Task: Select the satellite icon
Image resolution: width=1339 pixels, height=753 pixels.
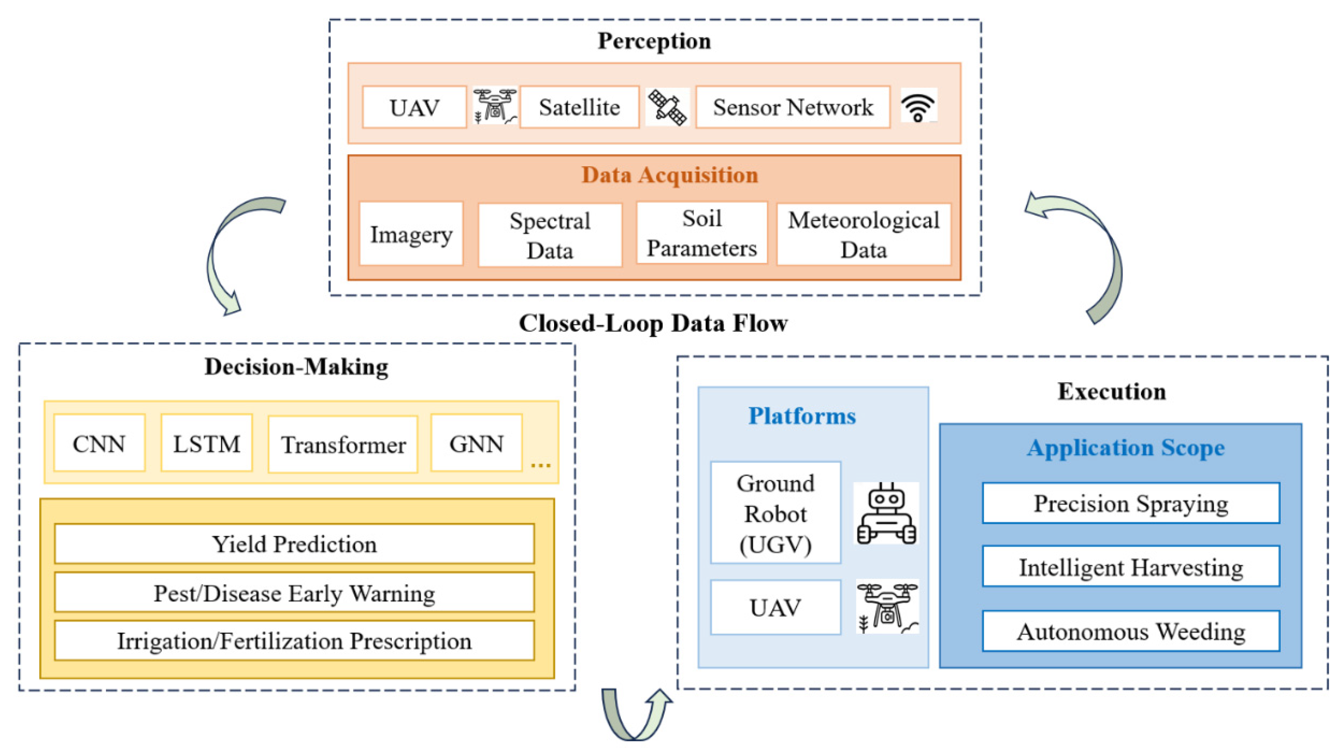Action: [x=668, y=107]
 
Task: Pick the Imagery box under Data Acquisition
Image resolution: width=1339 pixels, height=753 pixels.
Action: [x=411, y=234]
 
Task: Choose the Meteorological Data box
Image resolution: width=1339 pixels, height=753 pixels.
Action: [x=863, y=234]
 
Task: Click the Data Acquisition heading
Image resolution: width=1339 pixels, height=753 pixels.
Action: [x=669, y=175]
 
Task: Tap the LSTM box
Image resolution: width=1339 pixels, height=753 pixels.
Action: [x=206, y=443]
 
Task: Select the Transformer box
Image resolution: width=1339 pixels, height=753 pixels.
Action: [x=343, y=444]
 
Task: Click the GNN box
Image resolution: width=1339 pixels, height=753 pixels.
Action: [x=476, y=443]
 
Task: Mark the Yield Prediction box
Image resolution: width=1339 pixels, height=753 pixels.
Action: [x=294, y=544]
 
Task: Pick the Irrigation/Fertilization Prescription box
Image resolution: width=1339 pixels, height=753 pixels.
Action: [x=294, y=640]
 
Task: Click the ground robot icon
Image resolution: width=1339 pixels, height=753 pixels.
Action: [x=886, y=513]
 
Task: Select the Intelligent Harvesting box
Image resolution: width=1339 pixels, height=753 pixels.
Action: [x=1131, y=566]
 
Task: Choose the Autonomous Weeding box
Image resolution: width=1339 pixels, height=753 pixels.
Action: [x=1131, y=631]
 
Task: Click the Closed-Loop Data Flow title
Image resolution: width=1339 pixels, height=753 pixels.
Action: [x=653, y=323]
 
